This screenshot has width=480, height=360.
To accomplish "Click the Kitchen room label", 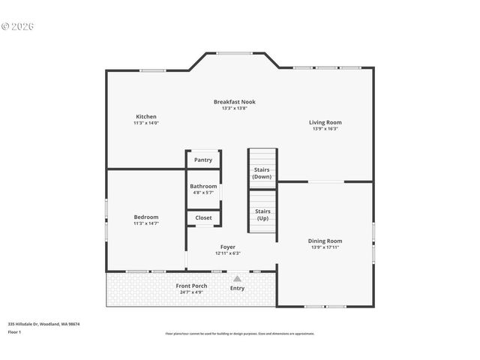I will [x=146, y=116].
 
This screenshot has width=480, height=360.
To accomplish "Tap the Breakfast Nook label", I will [x=234, y=101].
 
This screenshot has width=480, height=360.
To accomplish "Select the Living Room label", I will [x=325, y=122].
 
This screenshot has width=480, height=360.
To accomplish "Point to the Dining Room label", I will [x=325, y=241].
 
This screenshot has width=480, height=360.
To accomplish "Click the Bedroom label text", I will [x=146, y=217].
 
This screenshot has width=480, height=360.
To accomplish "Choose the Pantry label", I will [x=203, y=160].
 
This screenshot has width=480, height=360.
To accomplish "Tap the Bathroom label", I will [x=203, y=186].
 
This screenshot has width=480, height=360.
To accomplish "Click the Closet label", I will [x=203, y=218].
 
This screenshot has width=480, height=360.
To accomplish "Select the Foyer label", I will [x=228, y=247].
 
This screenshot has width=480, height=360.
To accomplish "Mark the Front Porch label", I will [x=192, y=286].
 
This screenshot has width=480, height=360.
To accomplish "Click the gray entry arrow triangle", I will [x=237, y=278].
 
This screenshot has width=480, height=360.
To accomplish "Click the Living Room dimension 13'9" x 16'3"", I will [x=325, y=129].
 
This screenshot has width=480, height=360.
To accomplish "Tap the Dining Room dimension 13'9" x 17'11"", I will [x=325, y=247].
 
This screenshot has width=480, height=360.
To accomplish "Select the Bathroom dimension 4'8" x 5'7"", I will [x=202, y=193].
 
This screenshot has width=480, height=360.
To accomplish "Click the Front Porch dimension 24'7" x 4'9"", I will [x=192, y=292].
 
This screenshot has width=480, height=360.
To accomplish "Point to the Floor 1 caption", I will [x=14, y=331].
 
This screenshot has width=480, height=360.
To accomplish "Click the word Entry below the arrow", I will [x=237, y=288].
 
